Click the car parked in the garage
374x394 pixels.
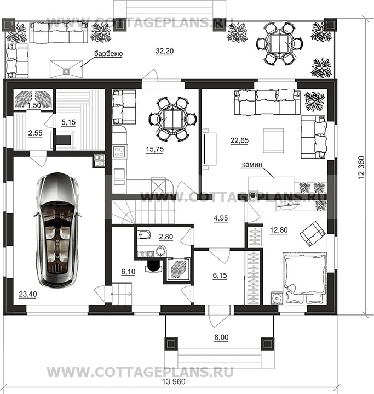tap(58, 230)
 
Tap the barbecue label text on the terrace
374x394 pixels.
tap(108, 54)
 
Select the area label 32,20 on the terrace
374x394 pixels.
tap(164, 51)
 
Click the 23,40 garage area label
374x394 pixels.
tap(28, 294)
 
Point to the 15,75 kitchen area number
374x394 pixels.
tap(154, 149)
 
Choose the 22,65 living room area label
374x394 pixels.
tap(239, 140)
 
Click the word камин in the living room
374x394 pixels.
tap(252, 165)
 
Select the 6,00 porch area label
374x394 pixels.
tap(221, 337)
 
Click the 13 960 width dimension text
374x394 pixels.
tap(174, 382)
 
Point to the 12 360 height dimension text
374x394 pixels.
tap(361, 167)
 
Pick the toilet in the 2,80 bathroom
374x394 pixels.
tap(143, 235)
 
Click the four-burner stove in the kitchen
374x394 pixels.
tap(119, 151)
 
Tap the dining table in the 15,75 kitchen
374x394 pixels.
tap(172, 120)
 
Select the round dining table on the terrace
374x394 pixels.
tap(279, 43)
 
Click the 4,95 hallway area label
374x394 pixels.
tap(221, 218)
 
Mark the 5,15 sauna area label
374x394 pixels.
tap(68, 122)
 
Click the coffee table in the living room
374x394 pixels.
tap(273, 140)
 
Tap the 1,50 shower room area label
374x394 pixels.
tap(34, 105)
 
